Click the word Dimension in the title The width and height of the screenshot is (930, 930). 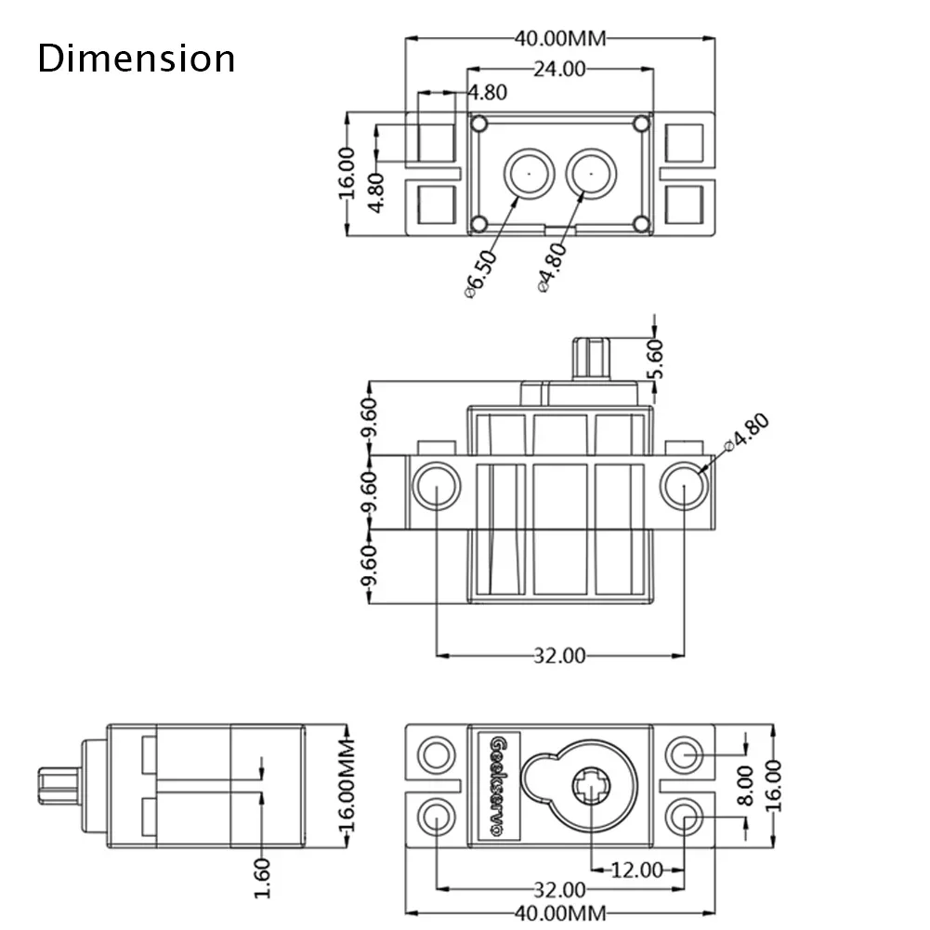pos(137,59)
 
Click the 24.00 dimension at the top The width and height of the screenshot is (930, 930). pos(558,69)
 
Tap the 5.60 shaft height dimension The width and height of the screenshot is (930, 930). pos(656,357)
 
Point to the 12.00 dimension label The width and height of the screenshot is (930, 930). pos(636,871)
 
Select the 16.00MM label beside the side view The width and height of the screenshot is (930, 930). pos(347,787)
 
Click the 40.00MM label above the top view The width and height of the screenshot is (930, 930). pos(560,39)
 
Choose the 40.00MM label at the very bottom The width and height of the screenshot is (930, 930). pos(560,912)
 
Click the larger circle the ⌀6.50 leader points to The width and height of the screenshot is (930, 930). pos(527,173)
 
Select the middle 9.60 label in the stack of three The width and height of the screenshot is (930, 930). pos(369,492)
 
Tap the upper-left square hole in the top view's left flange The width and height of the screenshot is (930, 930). pos(436,141)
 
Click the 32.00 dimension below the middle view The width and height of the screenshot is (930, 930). pos(559,656)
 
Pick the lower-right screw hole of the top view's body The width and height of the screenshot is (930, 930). pos(640,224)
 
